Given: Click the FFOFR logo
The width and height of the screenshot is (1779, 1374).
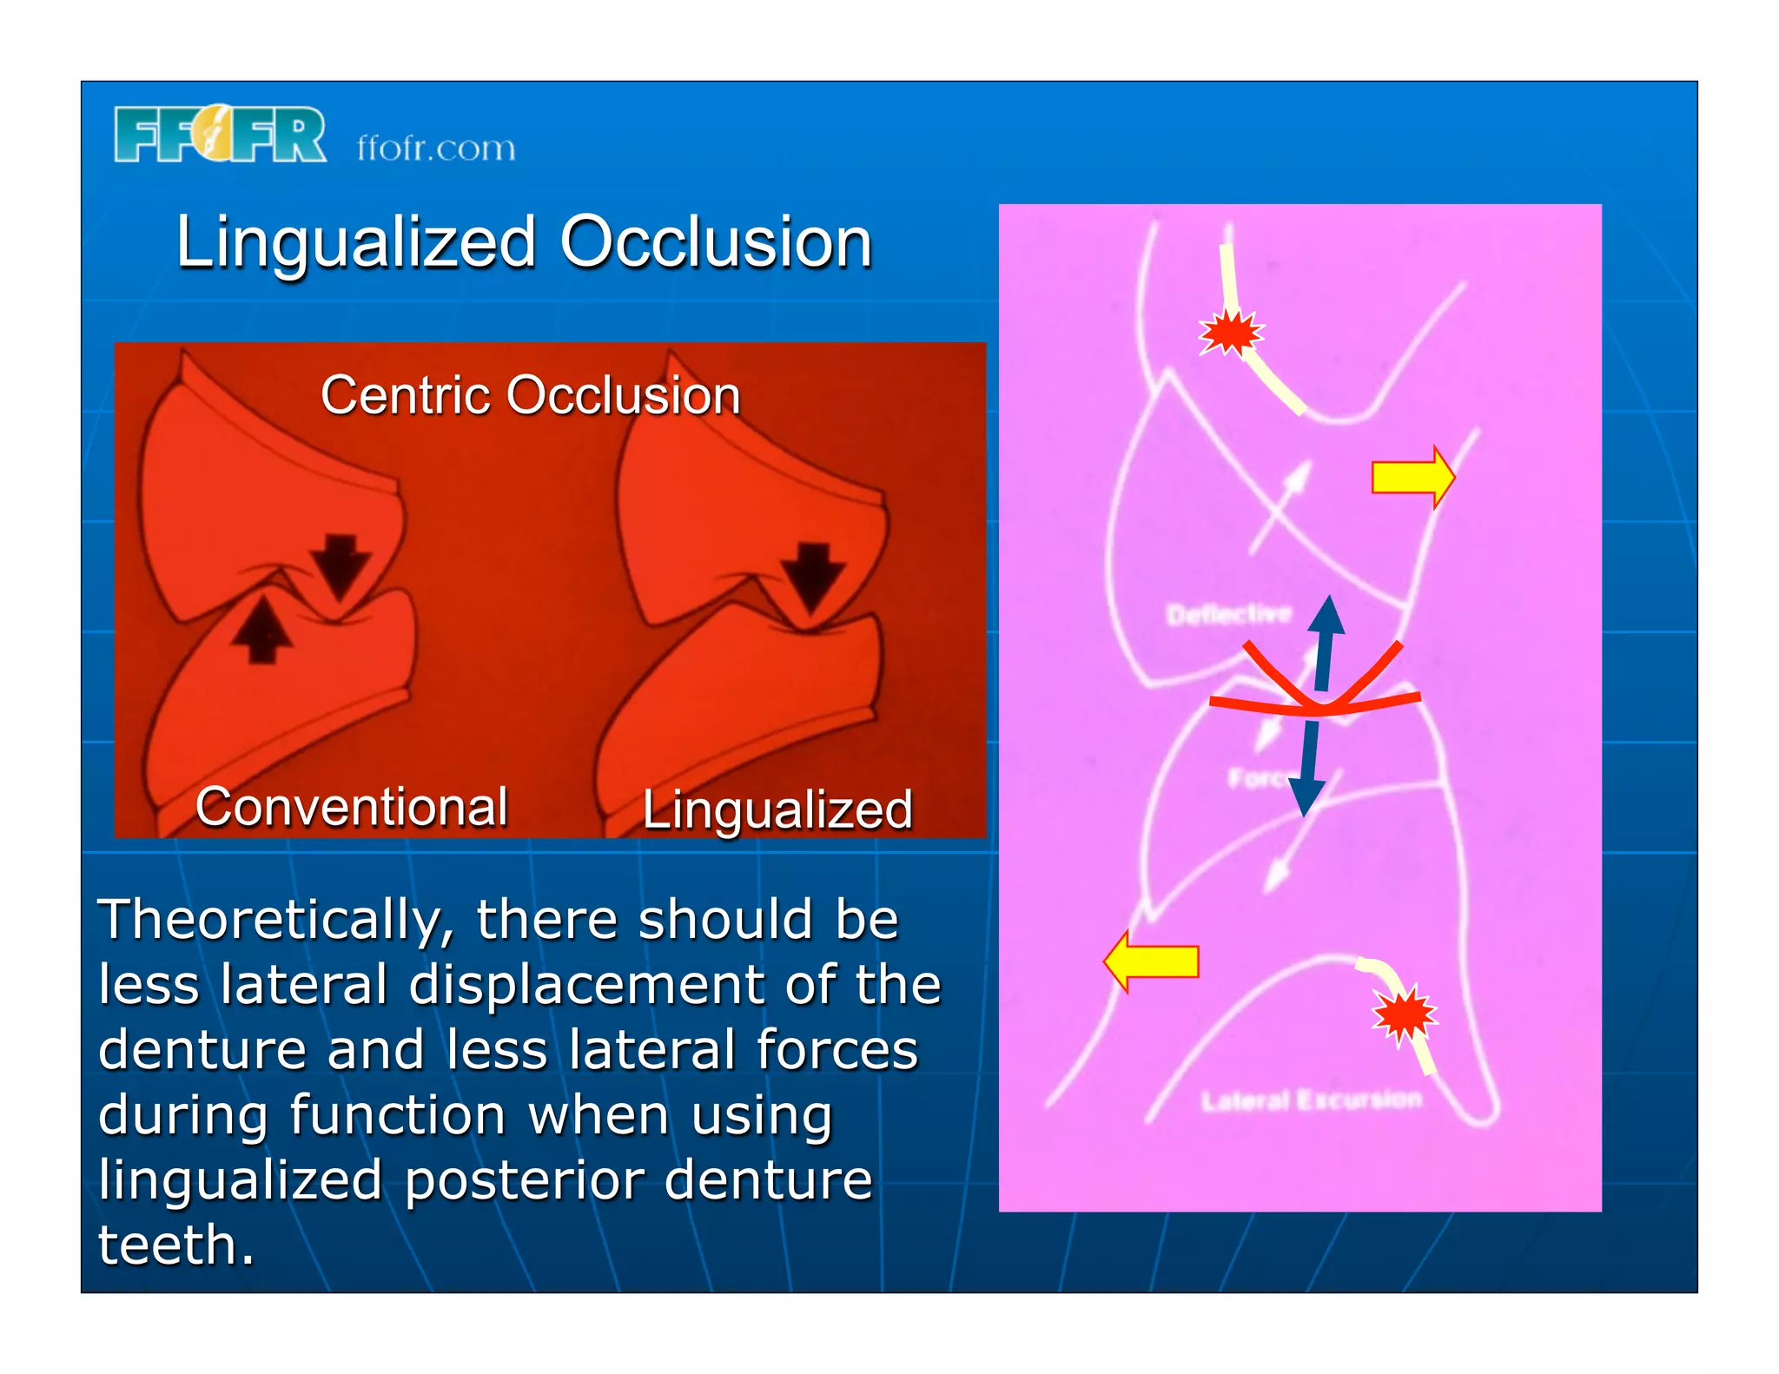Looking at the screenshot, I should [220, 135].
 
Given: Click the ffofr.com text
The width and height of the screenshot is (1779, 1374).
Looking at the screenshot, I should [436, 148].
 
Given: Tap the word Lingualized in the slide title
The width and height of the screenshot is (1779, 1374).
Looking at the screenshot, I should [356, 242].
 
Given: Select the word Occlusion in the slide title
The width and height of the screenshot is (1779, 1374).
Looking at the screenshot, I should [716, 242].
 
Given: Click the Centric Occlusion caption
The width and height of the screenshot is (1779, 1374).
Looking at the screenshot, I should [530, 396].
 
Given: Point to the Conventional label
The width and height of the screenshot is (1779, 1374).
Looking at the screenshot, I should [352, 807].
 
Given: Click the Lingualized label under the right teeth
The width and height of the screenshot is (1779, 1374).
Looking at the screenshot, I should [777, 809].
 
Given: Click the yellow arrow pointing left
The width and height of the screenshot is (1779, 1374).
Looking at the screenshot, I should [1151, 961].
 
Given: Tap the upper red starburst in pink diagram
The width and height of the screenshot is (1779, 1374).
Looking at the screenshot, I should [1230, 332].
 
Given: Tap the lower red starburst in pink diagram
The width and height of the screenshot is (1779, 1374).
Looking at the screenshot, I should [1404, 1014].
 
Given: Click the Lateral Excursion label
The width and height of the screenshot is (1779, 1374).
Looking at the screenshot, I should [1312, 1100].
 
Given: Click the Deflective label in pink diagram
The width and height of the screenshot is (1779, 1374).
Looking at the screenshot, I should [1228, 615].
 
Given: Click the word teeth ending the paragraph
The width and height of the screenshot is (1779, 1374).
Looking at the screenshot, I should [175, 1245].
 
